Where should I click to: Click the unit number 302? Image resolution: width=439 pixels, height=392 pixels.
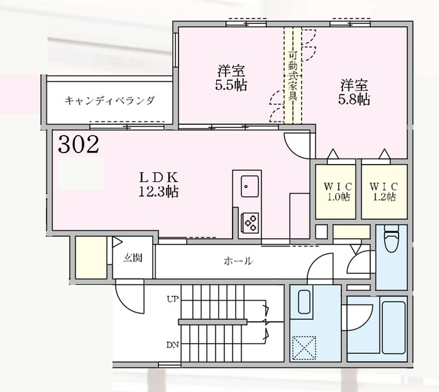(78, 145)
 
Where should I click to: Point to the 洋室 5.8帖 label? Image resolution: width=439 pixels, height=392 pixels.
(355, 92)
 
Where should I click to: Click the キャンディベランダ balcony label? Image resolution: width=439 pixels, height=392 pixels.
(110, 101)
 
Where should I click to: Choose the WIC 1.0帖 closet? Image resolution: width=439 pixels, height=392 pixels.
(335, 191)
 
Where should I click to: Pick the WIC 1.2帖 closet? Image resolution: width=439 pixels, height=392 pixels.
(382, 191)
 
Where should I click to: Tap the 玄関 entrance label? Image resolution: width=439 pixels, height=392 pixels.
(133, 259)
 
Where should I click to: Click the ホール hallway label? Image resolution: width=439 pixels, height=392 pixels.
(237, 261)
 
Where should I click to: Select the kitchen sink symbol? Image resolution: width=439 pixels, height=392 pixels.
(249, 187)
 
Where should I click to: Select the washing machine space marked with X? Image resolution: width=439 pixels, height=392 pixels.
(302, 345)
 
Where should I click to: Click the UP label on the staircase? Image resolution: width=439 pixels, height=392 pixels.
(171, 299)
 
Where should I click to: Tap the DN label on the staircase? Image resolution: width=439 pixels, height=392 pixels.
(171, 345)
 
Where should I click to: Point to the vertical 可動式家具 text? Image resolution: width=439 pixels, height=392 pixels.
(292, 76)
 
